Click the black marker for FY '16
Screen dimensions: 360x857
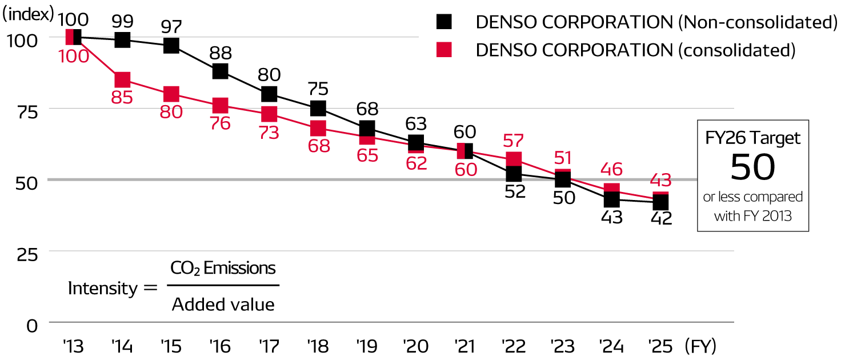tap(221, 71)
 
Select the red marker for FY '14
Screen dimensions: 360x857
tap(122, 79)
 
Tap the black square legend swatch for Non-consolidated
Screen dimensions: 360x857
tap(444, 22)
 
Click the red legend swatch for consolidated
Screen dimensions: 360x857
tap(444, 50)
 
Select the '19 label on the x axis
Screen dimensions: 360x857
tap(366, 346)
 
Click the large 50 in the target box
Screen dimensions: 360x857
tap(752, 167)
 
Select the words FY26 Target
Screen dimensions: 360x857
tap(752, 138)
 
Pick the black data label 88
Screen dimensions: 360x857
tap(221, 53)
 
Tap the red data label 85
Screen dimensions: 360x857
tap(122, 97)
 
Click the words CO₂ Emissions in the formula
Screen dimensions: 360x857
tap(223, 268)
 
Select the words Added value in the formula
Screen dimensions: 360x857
tap(223, 304)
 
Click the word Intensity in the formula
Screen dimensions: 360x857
tap(103, 288)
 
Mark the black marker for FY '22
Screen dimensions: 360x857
tap(514, 173)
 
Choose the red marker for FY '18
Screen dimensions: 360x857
tap(318, 128)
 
